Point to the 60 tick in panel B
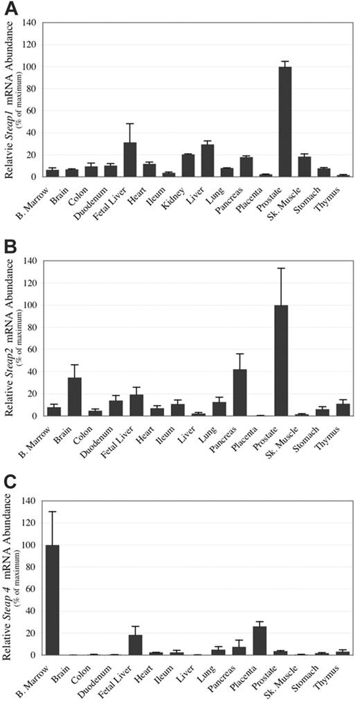[33, 350]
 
